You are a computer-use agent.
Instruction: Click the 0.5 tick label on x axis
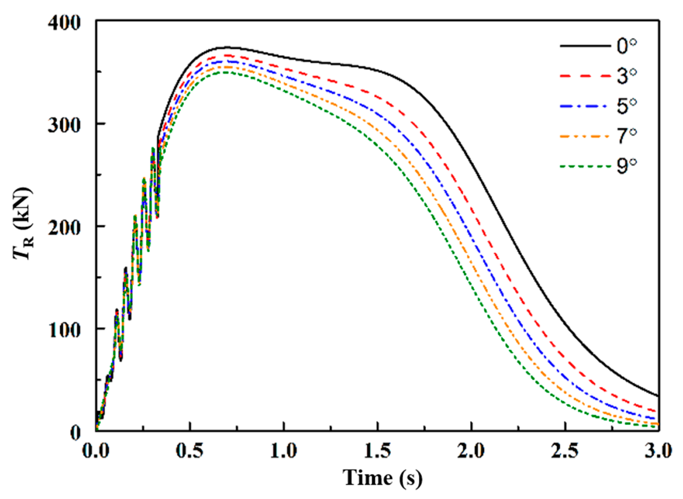coord(189,452)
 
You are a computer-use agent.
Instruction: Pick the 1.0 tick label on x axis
coord(283,452)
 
